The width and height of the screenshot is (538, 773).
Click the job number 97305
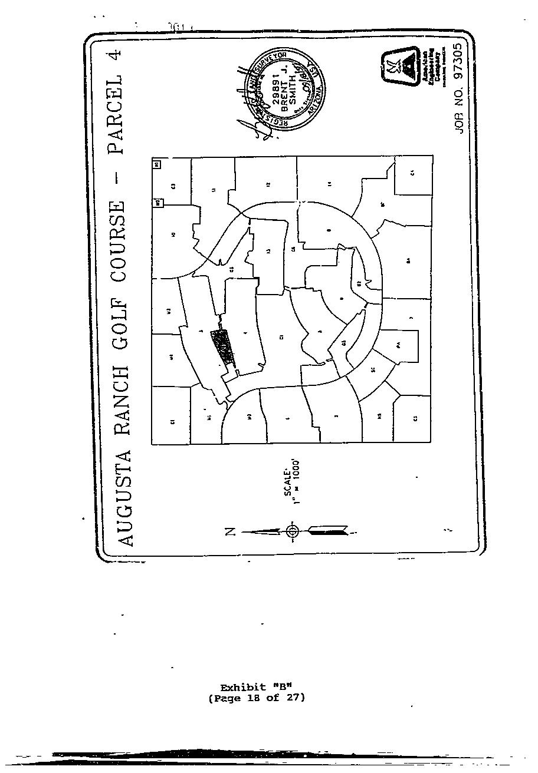pos(460,65)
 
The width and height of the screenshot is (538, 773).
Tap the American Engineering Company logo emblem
pos(401,66)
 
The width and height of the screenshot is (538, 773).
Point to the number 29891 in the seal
pos(275,91)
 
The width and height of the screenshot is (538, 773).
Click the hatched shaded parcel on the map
pos(223,348)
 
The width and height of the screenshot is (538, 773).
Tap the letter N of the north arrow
pos(231,532)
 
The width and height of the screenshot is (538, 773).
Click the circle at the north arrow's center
pos(292,531)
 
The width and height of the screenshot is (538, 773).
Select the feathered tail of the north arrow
pos(328,531)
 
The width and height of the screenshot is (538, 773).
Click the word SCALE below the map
pos(288,483)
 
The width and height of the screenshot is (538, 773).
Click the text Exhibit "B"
pos(256,688)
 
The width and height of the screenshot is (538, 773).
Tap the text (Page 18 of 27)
pos(256,698)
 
